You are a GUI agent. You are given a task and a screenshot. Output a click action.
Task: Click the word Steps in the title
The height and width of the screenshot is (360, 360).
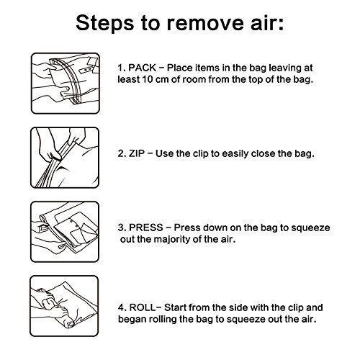[104, 23]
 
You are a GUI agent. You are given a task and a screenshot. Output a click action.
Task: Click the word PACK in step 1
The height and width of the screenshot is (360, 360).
[143, 68]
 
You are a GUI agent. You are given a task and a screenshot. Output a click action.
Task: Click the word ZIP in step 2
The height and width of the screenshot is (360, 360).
[137, 153]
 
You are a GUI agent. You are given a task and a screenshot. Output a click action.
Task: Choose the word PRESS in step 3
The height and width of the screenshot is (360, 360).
[146, 228]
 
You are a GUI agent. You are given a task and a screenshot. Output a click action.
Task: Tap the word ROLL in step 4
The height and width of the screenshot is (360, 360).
[143, 307]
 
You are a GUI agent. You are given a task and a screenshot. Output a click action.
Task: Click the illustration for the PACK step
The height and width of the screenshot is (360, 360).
[66, 84]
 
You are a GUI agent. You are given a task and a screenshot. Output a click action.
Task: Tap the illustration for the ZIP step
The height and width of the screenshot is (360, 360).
[65, 158]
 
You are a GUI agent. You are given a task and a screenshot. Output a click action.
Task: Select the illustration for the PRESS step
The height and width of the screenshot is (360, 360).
[65, 232]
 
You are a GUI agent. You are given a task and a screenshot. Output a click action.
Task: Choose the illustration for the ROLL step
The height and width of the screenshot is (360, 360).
[64, 306]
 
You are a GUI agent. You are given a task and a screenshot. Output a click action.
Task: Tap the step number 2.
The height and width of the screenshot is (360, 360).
[122, 153]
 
